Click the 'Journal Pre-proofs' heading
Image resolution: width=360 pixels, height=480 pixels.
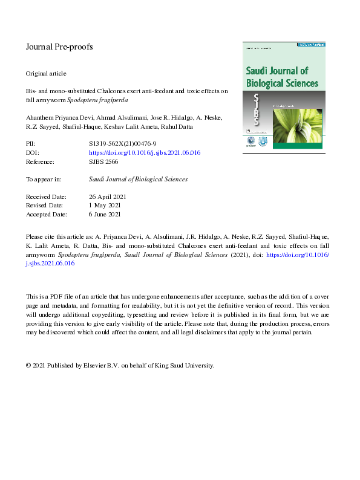click(59, 47)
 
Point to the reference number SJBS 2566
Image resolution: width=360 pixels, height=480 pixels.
click(103, 162)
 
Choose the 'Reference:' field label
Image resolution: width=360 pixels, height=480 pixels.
click(40, 162)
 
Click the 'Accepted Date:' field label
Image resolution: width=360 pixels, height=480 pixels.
click(47, 214)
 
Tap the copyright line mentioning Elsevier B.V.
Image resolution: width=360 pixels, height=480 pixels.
click(120, 365)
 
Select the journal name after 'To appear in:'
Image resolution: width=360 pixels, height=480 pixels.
click(138, 180)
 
